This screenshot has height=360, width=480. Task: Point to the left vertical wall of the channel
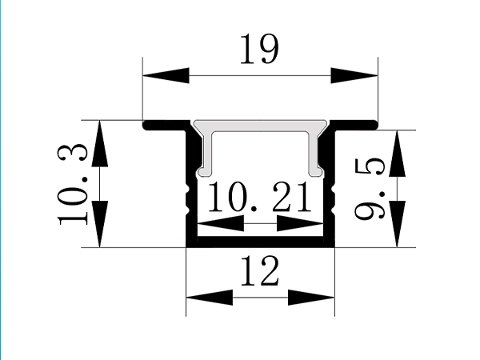(x=191, y=192)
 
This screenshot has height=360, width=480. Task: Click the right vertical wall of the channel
(x=330, y=192)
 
